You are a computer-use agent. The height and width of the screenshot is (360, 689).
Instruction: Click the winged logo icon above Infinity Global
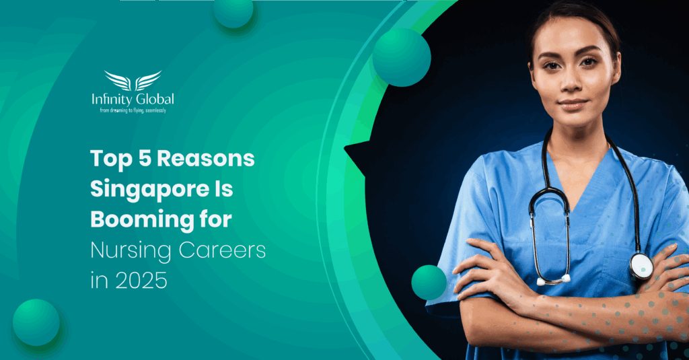(x=133, y=80)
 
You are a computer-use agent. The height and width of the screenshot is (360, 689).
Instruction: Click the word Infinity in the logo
(x=112, y=100)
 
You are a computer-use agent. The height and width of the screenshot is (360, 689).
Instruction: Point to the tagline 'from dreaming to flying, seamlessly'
(x=133, y=110)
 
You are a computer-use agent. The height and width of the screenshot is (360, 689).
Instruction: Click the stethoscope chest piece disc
(x=640, y=266)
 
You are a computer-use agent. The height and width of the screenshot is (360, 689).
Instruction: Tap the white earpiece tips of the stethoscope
(x=553, y=279)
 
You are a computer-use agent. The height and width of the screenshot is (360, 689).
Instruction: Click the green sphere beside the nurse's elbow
(x=429, y=282)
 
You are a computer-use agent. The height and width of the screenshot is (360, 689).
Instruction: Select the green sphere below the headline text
(x=36, y=322)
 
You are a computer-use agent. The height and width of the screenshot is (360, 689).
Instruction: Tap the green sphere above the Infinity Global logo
(x=233, y=11)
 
